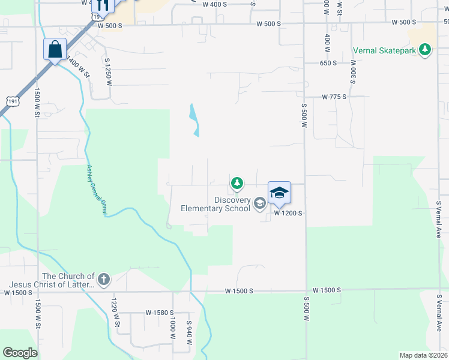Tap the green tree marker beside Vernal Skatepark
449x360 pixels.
coord(426,49)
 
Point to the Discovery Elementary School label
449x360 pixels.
coord(215,205)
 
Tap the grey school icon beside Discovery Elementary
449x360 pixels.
coord(260,203)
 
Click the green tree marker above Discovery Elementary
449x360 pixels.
coord(237,182)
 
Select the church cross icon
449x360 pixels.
coord(104,279)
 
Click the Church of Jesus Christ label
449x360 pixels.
coord(52,280)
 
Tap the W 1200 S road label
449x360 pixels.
coord(288,213)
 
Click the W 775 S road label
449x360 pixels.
coord(335,97)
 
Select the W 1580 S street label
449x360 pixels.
coord(160,313)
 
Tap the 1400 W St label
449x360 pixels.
coord(78,67)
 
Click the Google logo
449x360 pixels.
coord(20,353)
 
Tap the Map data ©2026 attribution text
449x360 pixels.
coord(423,355)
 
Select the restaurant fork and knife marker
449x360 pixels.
coord(101,5)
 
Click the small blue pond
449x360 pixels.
coord(194,119)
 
